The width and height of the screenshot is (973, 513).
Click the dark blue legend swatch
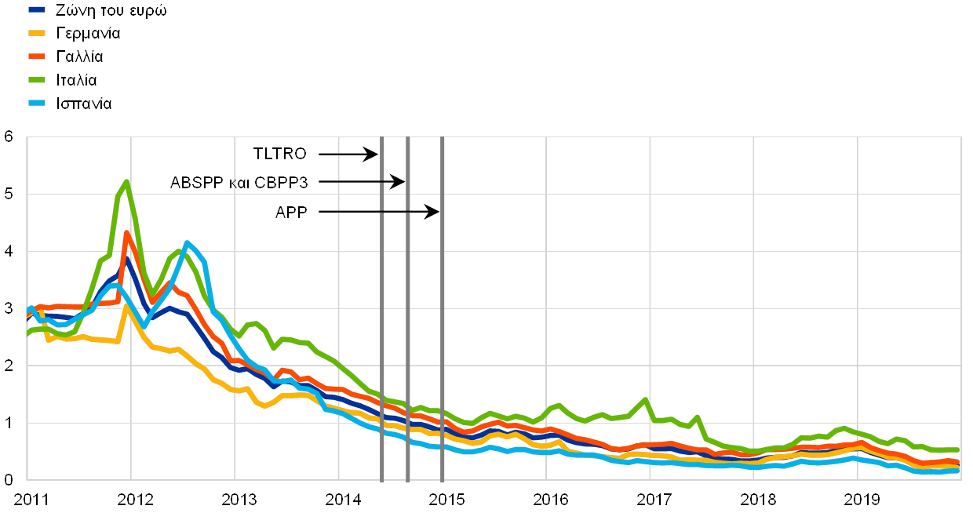37,10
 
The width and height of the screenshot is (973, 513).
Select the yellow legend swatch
37,33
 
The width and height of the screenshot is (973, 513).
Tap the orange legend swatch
37,56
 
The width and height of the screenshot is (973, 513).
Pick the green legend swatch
37,80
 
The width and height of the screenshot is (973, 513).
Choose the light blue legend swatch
37,103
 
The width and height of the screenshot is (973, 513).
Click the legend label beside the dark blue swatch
109,10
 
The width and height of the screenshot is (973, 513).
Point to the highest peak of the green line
126,181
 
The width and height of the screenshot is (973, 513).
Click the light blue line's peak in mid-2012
187,243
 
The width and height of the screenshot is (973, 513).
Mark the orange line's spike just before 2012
126,233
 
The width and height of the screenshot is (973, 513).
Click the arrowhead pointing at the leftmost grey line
374,154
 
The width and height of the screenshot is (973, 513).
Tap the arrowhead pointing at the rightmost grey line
434,212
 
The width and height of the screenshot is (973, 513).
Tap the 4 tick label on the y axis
9,251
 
